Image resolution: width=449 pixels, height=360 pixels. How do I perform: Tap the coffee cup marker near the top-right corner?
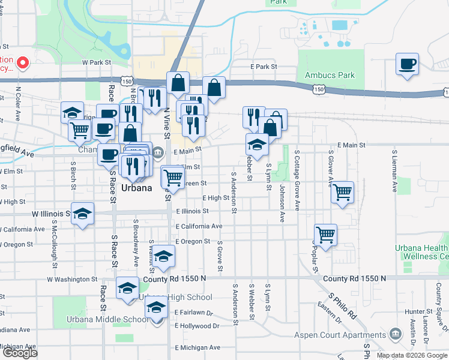pyautogui.click(x=407, y=64)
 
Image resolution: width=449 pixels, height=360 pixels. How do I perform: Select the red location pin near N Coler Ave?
pyautogui.click(x=23, y=62)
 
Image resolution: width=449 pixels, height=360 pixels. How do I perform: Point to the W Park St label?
pyautogui.click(x=97, y=62)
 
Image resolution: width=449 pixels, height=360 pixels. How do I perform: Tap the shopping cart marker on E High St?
pyautogui.click(x=342, y=192)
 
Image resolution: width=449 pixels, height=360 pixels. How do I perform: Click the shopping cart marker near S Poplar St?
pyautogui.click(x=325, y=235)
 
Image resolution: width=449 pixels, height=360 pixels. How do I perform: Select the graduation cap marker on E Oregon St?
pyautogui.click(x=163, y=256)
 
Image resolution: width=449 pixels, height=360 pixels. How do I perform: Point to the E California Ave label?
pyautogui.click(x=199, y=226)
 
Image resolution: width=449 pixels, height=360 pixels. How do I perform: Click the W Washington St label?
pyautogui.click(x=72, y=279)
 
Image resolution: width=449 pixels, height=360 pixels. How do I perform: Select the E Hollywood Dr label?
pyautogui.click(x=197, y=326)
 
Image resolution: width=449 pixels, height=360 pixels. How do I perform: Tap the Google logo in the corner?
pyautogui.click(x=19, y=353)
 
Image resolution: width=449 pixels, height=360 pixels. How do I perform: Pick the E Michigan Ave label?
pyautogui.click(x=197, y=347)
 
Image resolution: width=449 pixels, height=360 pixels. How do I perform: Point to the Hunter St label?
pyautogui.click(x=414, y=311)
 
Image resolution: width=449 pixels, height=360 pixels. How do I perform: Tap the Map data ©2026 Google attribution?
pyautogui.click(x=411, y=355)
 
